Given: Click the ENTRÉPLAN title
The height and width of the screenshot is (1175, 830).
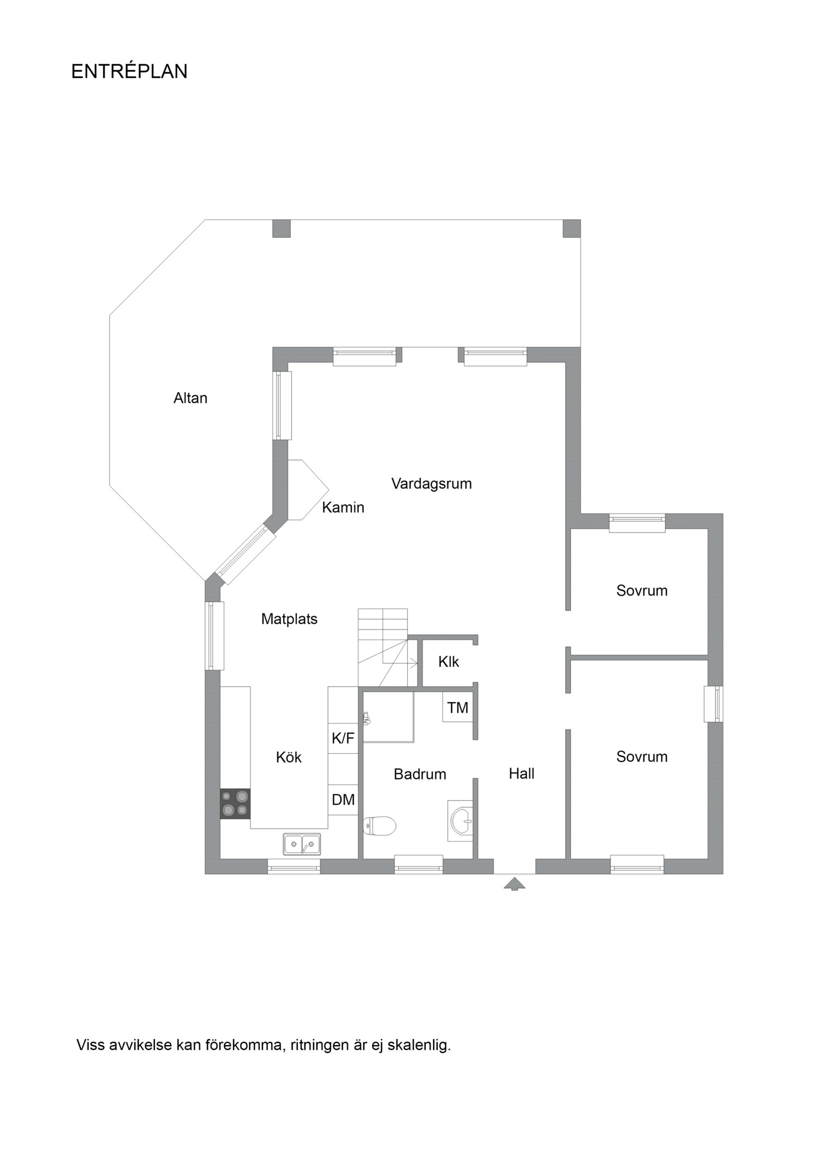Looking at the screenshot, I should click(129, 72).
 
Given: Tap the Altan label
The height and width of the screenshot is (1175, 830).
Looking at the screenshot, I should click(190, 398).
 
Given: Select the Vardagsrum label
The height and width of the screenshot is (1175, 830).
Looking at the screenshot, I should click(431, 484).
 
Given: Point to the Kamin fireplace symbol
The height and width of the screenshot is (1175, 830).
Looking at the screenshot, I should click(304, 490).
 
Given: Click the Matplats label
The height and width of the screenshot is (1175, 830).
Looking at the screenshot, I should click(289, 619).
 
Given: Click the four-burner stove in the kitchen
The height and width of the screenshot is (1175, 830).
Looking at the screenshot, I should click(235, 803).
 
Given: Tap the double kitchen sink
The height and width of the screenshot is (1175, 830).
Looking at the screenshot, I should click(302, 844).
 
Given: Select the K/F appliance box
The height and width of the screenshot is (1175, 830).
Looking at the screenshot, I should click(343, 738).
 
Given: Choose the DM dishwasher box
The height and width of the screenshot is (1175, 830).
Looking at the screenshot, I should click(343, 800).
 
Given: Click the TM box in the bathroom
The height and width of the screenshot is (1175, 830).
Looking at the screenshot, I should click(457, 708).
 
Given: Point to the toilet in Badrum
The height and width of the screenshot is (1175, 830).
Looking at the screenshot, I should click(380, 826).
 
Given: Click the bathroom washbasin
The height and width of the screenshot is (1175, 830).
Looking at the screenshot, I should click(461, 821).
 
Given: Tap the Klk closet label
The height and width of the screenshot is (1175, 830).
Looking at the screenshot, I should click(448, 662).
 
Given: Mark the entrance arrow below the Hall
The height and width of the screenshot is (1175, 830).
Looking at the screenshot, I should click(514, 883).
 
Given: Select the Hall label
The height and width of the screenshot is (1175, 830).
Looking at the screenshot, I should click(521, 774).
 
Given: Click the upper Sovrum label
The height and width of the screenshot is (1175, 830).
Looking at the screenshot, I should click(641, 591).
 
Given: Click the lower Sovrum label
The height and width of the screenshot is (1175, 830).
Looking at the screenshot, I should click(641, 757).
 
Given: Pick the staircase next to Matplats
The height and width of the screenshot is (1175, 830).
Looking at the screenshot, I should click(383, 647).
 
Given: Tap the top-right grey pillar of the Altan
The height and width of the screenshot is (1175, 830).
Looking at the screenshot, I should click(571, 228).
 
